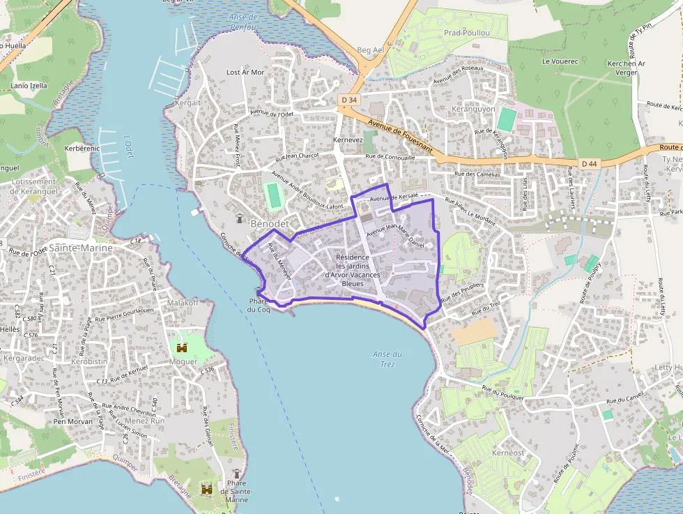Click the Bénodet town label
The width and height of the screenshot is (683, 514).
tap(269, 224)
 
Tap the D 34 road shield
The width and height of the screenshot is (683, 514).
tap(350, 100)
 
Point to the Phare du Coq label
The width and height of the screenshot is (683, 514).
tap(259, 305)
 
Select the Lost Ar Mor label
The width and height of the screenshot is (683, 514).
tap(245, 73)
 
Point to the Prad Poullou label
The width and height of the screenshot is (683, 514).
tap(466, 33)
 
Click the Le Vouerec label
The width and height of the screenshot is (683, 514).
tap(555, 61)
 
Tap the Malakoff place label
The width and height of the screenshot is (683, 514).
tap(183, 303)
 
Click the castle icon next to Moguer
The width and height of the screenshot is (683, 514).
tap(183, 347)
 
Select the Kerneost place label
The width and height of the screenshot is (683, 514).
tap(507, 453)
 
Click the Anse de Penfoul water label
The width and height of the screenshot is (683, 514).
tap(243, 22)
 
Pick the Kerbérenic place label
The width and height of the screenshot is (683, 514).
tap(82, 149)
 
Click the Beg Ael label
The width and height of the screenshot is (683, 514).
tap(370, 50)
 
